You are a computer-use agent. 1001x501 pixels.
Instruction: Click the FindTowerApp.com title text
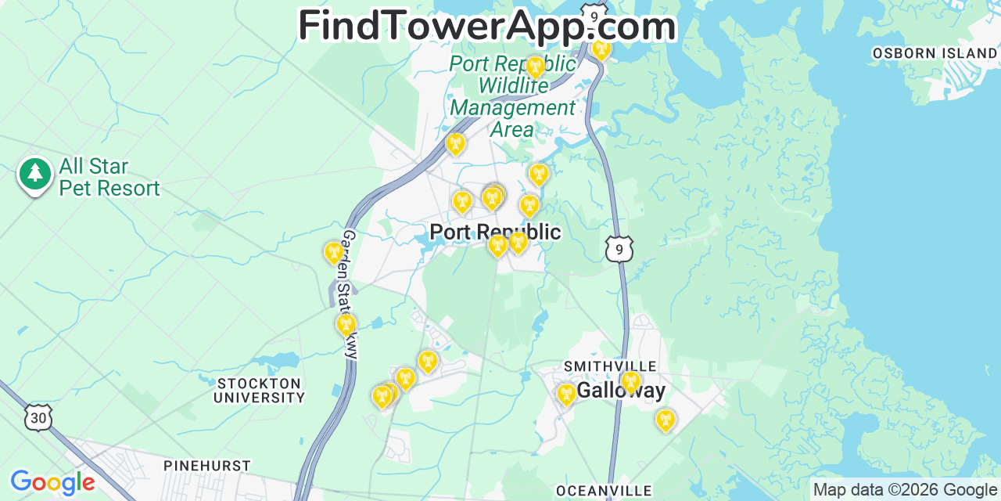coord(486,25)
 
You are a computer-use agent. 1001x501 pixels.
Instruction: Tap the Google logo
coord(52,482)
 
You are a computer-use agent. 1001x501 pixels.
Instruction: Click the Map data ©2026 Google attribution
coord(905,490)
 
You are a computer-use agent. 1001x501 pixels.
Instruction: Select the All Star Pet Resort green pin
coord(34,175)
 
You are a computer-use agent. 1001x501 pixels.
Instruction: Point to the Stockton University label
coord(260,390)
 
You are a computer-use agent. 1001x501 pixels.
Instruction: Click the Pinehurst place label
coord(206,466)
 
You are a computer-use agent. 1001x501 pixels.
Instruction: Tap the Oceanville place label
coord(603,491)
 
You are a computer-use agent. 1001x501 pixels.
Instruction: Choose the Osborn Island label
coord(935,53)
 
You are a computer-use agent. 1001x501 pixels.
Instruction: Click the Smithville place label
coord(610,366)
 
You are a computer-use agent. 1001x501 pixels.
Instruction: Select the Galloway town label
coord(622,390)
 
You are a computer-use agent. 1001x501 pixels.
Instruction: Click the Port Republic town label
coord(495,232)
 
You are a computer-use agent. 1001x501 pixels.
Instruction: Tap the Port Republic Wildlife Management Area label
coord(512,96)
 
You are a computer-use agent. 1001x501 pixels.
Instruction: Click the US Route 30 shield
coord(38,417)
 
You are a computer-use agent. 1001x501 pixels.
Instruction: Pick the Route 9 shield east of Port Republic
coord(619,249)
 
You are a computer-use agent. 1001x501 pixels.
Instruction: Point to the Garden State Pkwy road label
coord(349,294)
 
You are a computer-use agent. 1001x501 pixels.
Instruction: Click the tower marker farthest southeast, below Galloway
coord(665,420)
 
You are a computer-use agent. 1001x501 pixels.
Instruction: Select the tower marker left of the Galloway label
coord(566,393)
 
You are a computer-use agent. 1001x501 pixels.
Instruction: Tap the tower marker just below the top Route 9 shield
coord(601,49)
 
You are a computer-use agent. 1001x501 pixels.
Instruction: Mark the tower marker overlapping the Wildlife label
coord(535,66)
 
